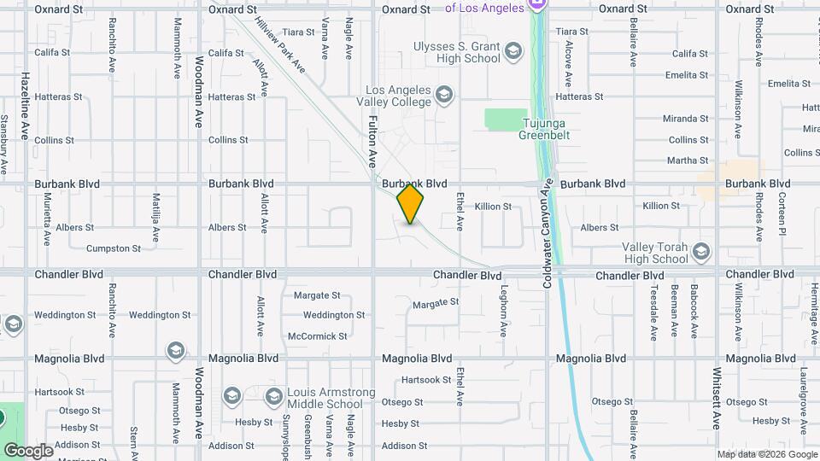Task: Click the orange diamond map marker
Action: (411, 204)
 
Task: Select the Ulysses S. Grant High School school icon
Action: (512, 52)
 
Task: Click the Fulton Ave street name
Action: (372, 142)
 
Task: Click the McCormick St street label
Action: (318, 336)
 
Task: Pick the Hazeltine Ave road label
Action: (26, 106)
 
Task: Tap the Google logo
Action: (28, 451)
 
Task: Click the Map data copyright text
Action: (766, 454)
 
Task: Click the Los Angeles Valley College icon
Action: (443, 95)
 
